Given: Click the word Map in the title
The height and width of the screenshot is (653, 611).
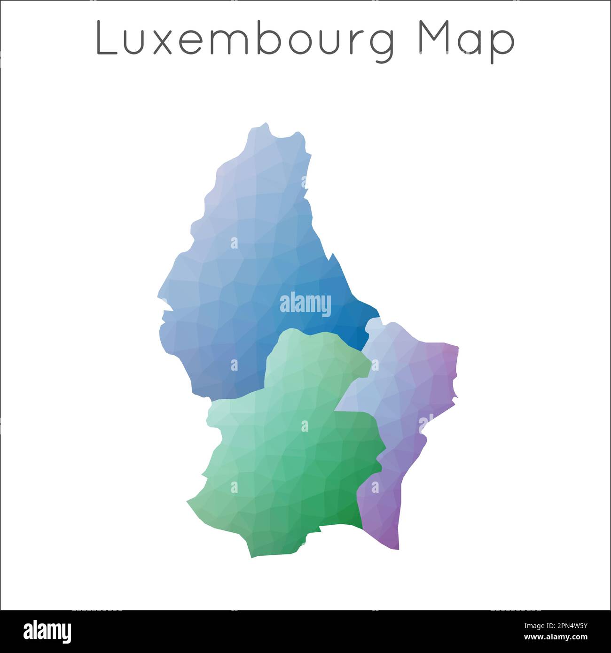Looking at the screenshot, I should pos(467,39).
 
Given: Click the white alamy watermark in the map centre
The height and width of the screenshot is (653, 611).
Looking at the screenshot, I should pos(305,304).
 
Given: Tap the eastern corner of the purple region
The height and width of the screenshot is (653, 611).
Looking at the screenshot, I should pos(457,348).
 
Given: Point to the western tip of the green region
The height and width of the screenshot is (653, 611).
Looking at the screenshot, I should pos(188,502).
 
